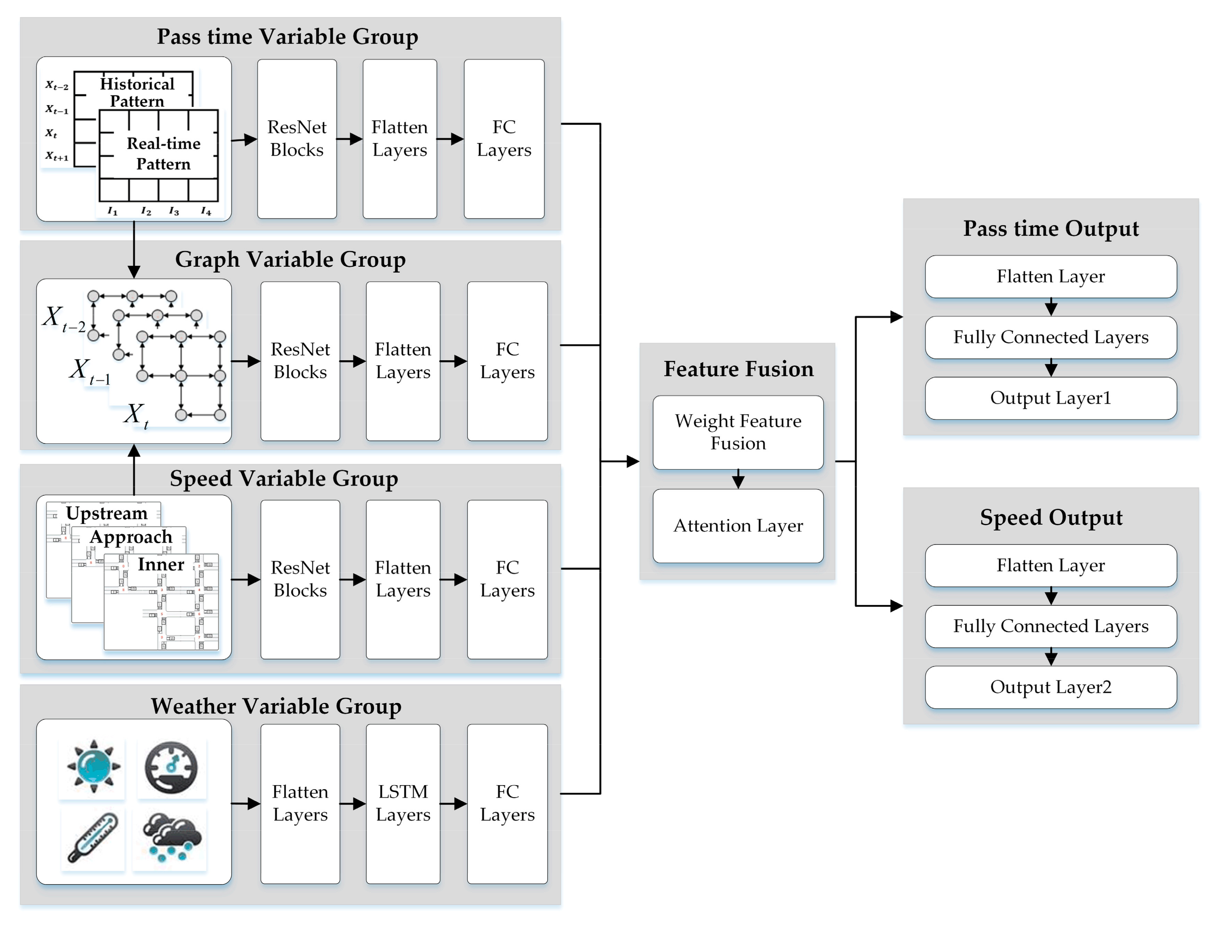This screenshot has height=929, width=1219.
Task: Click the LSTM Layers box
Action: point(403,803)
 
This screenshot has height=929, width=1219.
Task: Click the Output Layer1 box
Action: point(1050,398)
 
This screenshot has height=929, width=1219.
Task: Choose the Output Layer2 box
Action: point(1050,687)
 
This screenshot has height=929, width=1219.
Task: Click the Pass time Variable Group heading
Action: point(287,37)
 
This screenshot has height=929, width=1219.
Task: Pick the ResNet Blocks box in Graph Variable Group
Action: point(300,361)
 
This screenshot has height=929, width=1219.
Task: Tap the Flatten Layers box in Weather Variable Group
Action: point(300,803)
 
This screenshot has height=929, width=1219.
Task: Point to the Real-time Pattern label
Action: point(163,154)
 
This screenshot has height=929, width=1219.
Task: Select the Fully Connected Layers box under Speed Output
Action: point(1050,626)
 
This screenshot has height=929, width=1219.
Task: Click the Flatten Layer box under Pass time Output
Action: point(1050,276)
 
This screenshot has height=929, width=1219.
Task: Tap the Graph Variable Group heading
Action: point(290,260)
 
